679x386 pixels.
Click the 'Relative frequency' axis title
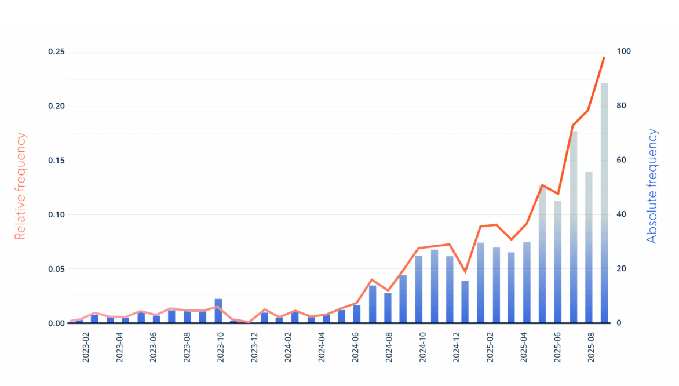[20, 186]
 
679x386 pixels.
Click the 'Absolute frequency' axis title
[652, 186]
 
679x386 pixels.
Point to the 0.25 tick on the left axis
[56, 53]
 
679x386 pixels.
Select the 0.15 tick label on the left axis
[56, 161]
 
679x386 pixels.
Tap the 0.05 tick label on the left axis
[56, 269]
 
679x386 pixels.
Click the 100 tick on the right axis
[623, 52]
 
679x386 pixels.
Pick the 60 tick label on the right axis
[621, 161]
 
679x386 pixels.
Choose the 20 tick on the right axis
[621, 269]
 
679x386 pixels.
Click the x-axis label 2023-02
[86, 347]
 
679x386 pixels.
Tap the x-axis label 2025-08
[592, 347]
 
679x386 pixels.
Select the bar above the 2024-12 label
[465, 302]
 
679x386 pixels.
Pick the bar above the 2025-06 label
[558, 262]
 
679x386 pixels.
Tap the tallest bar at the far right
[604, 203]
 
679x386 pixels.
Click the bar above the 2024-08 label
[388, 308]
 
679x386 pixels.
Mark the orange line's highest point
[604, 57]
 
